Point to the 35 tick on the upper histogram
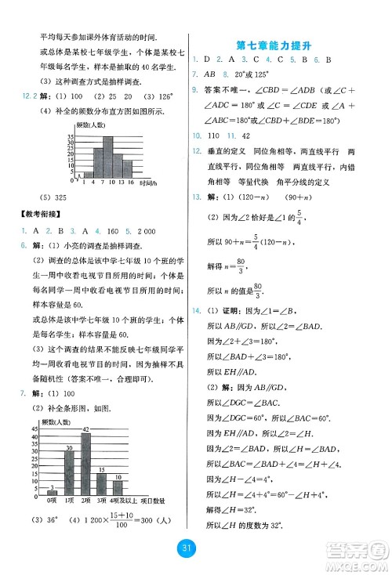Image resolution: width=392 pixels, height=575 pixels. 69,137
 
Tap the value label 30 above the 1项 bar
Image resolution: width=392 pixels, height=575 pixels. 69,448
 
